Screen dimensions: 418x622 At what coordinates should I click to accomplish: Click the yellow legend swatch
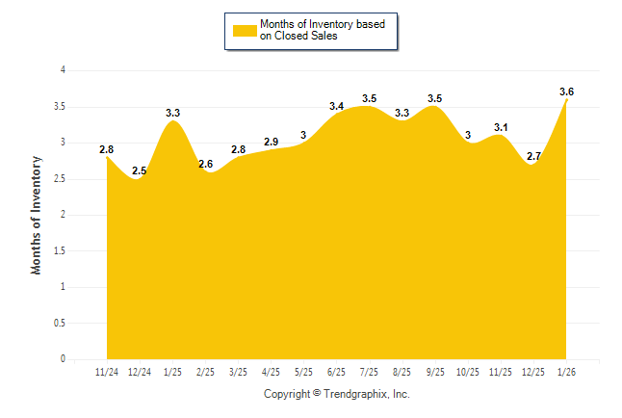(244, 31)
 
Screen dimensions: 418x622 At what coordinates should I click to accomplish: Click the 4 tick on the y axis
(63, 70)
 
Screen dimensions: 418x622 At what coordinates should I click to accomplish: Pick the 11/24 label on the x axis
(107, 373)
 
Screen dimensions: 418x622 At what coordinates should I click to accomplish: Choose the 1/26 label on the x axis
(566, 373)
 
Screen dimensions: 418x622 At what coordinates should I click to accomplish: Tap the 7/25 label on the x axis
(370, 373)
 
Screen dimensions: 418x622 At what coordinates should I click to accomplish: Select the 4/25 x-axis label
(271, 373)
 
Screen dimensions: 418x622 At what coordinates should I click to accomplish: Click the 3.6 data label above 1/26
(566, 91)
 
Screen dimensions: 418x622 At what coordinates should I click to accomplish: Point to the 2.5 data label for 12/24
(140, 170)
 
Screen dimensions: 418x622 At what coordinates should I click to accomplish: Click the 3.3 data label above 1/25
(173, 113)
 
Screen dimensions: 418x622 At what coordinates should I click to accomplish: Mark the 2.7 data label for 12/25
(533, 156)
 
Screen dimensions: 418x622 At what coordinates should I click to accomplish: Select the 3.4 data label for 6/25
(337, 106)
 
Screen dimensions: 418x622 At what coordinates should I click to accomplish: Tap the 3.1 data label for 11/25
(501, 127)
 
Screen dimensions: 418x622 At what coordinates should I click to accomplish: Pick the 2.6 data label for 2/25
(205, 164)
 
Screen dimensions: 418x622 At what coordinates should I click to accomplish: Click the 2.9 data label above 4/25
(271, 142)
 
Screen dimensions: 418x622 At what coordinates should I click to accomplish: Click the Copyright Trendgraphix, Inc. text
(337, 394)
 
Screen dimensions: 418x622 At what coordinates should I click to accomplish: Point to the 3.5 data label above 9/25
(435, 98)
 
